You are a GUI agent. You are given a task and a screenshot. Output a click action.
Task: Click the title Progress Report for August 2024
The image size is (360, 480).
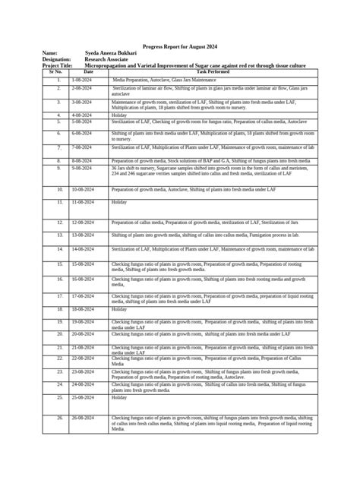[180, 46]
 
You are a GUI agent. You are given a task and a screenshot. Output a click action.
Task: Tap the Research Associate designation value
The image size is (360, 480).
[106, 59]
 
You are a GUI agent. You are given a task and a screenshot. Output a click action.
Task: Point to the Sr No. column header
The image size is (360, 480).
[58, 71]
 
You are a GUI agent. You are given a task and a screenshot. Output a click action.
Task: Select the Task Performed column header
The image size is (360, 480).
[213, 71]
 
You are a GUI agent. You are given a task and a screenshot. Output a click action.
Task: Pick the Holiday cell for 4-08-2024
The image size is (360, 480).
[119, 115]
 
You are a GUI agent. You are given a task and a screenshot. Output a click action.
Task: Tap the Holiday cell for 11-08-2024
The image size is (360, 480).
[119, 202]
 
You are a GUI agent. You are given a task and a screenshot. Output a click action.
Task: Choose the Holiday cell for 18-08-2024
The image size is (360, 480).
[119, 310]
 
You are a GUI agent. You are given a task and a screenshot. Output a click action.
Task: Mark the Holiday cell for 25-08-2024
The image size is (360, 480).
[119, 397]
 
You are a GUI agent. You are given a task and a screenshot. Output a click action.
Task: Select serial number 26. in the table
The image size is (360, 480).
[58, 418]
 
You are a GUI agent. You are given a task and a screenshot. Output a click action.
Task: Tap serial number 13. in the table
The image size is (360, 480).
[58, 235]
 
